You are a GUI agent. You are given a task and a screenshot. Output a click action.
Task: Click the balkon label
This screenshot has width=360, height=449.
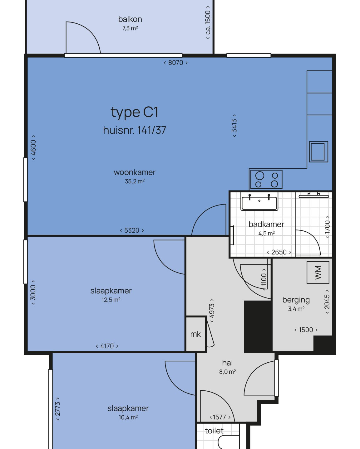130,19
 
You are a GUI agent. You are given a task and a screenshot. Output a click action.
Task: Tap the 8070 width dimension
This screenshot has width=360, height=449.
175,63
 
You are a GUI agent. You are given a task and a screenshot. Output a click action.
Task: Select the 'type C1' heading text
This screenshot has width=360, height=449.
134,113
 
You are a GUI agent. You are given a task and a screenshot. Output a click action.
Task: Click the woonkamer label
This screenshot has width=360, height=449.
135,172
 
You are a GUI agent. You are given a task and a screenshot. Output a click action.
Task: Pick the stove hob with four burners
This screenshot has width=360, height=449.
266,179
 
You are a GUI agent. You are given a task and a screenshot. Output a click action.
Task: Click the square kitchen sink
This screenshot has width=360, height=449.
318,152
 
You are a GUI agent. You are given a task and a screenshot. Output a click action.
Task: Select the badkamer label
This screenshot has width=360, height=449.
266,224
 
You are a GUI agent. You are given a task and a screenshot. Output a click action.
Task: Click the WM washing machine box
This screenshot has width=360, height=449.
318,273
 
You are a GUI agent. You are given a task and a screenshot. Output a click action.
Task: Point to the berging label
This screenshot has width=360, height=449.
296,300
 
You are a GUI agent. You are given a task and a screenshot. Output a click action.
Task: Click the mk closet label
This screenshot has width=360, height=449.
195,334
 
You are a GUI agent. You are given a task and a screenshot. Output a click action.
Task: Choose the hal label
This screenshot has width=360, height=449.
227,363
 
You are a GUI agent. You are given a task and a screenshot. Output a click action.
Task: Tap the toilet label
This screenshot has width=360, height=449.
214,431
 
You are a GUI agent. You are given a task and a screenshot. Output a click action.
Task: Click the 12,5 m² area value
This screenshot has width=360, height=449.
111,300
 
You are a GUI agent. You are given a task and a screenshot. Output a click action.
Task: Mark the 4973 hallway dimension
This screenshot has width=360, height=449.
212,311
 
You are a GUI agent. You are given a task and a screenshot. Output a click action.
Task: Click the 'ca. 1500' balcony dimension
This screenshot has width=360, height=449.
208,22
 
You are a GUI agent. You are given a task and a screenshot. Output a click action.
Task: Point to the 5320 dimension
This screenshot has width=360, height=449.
132,230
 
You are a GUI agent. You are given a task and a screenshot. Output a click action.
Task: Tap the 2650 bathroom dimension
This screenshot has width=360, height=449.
279,252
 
